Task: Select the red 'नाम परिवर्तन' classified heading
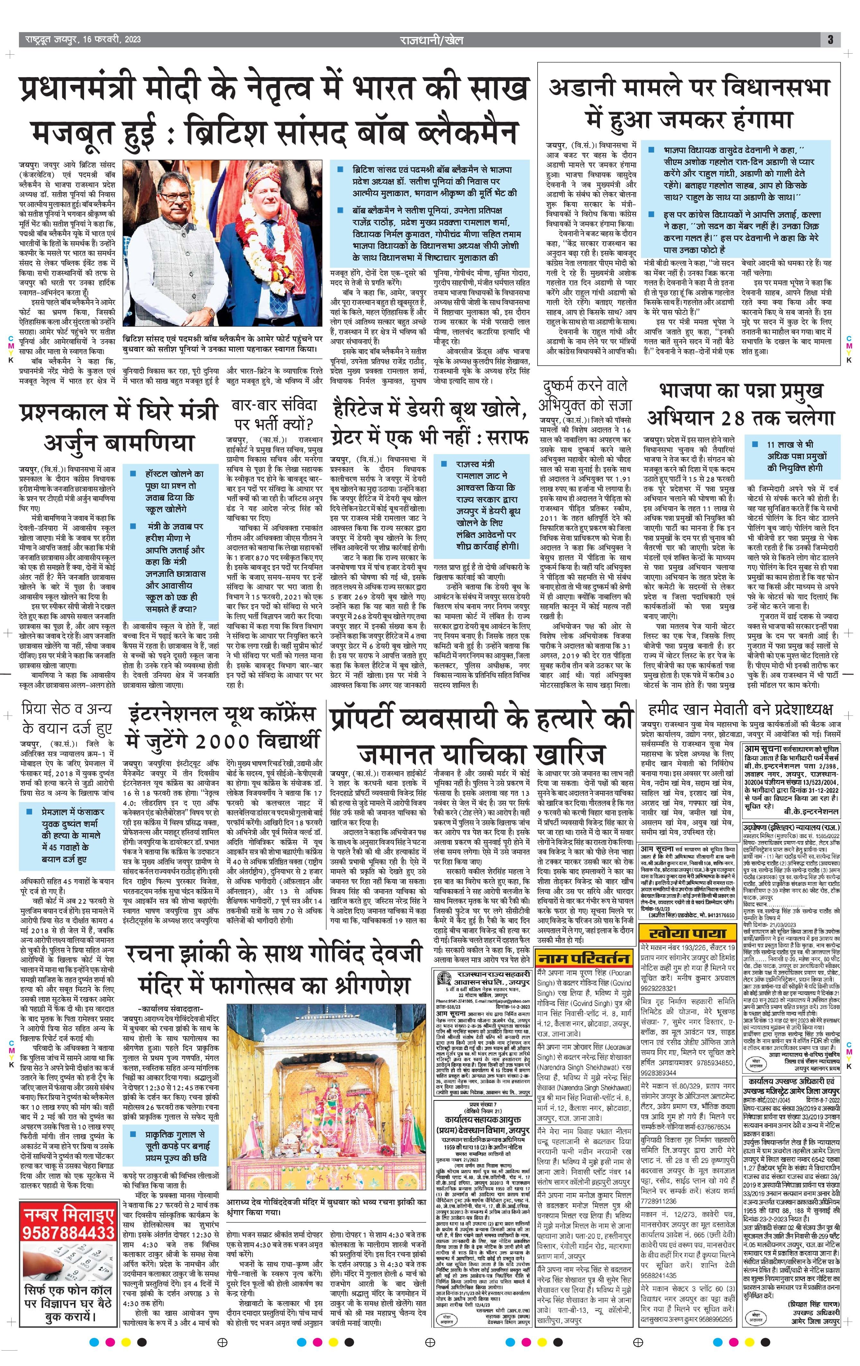tap(584, 958)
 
